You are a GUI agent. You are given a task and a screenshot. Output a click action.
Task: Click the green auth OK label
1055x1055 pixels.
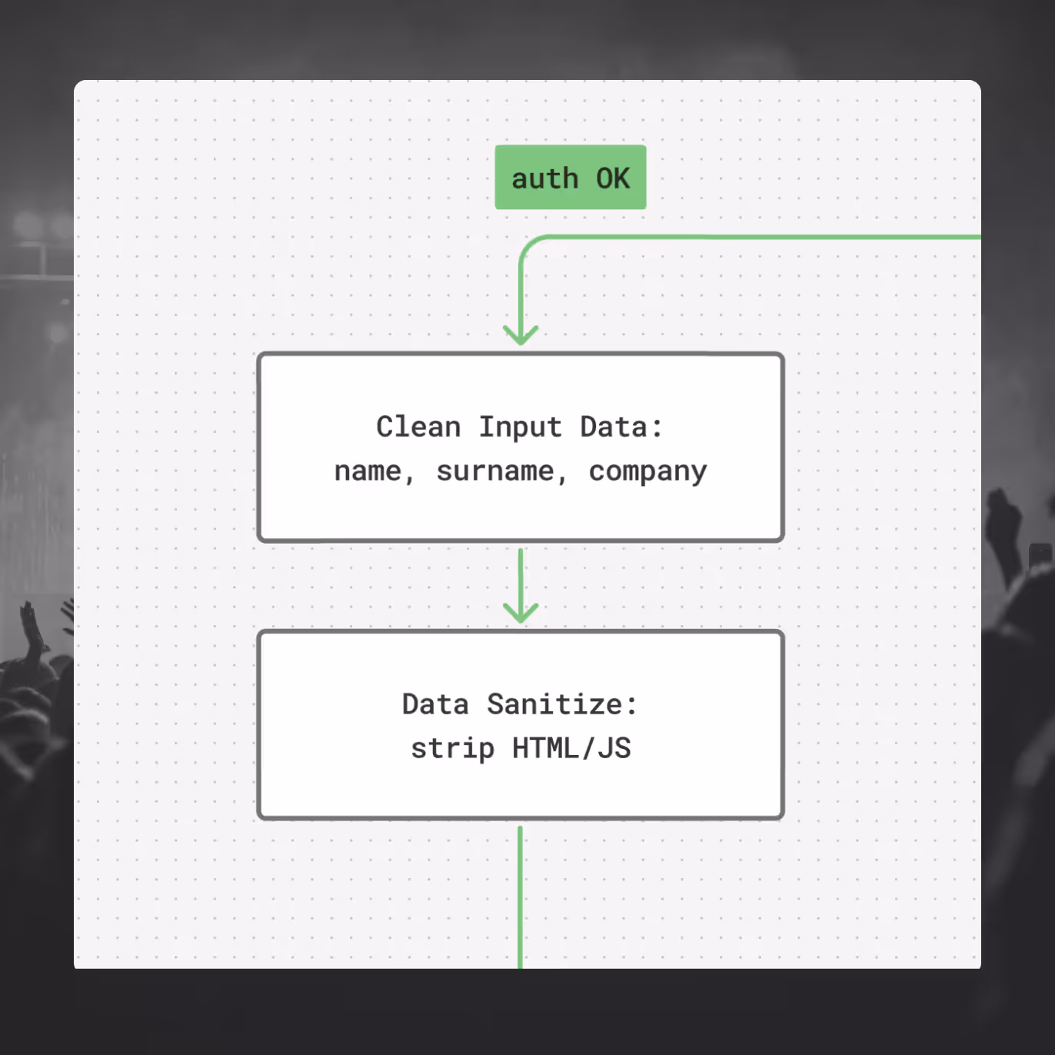[571, 177]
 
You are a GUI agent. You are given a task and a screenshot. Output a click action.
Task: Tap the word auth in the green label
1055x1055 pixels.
[544, 178]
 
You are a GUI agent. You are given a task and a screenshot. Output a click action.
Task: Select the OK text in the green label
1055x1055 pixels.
[613, 178]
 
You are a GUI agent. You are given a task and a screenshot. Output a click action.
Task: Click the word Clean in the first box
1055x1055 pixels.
[418, 427]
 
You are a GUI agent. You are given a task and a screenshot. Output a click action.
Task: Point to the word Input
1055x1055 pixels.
[521, 428]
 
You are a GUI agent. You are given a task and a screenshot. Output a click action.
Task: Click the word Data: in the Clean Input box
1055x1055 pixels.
[621, 427]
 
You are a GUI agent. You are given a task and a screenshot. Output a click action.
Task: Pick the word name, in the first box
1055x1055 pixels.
[374, 471]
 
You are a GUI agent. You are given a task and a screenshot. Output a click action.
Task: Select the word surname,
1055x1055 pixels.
[501, 471]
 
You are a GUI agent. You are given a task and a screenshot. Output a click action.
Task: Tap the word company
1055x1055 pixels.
[647, 471]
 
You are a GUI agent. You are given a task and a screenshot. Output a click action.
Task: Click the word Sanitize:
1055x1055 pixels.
[562, 704]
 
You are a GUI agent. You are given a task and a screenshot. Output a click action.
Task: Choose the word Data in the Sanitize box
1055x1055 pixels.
[435, 704]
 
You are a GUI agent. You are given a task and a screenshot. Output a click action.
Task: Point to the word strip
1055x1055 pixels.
[452, 748]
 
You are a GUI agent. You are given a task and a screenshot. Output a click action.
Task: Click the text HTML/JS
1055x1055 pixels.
[571, 748]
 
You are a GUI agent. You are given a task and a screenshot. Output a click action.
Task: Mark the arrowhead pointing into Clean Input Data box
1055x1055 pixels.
[521, 336]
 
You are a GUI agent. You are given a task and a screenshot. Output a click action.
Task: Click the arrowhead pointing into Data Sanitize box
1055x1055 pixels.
[521, 613]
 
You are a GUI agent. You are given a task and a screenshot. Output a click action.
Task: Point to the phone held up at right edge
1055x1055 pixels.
[1040, 555]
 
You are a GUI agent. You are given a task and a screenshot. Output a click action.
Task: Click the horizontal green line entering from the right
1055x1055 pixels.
[769, 237]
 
